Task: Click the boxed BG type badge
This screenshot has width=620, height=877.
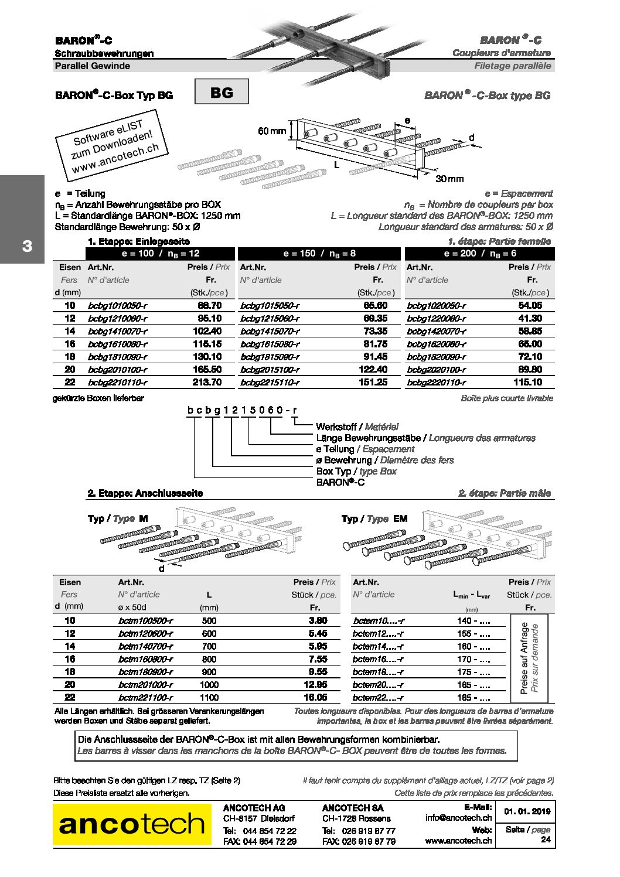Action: point(221,92)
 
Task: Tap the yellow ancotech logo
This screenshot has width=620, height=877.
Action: point(132,824)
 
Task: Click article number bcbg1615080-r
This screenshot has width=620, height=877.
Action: point(270,344)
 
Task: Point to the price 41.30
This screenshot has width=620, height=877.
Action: point(530,319)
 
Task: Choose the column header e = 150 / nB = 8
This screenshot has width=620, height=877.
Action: point(319,254)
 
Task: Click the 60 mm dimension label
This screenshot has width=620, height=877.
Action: point(272,131)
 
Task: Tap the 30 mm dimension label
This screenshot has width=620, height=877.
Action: point(449,179)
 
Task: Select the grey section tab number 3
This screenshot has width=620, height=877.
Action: point(26,246)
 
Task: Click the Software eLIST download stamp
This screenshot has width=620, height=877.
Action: point(111,149)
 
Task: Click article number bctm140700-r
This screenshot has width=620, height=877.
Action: point(145,646)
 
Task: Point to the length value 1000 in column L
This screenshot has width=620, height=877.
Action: point(209,685)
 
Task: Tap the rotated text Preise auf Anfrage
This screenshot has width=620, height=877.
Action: point(524,658)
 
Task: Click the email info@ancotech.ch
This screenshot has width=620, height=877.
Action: point(458,818)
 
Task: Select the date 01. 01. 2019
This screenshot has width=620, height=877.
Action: point(527,812)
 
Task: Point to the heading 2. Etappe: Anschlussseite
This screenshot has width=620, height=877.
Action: point(145,493)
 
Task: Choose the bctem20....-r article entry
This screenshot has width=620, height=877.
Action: point(378,685)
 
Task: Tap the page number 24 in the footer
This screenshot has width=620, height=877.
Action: point(546,840)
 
